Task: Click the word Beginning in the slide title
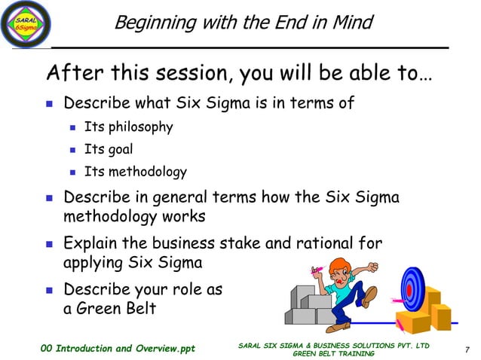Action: click(150, 23)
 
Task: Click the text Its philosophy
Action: click(128, 127)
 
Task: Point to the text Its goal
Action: click(109, 149)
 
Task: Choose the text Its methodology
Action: click(135, 172)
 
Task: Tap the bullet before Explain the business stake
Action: click(50, 243)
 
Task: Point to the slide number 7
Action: click(467, 348)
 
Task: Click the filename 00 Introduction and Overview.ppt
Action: click(118, 348)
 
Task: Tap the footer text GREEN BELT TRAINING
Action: click(333, 352)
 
